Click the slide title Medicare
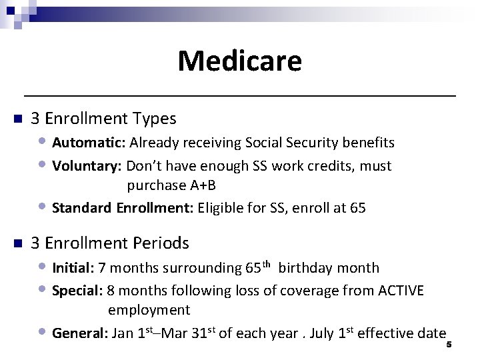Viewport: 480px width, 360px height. pos(239,61)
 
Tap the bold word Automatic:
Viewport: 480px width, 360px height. pos(89,143)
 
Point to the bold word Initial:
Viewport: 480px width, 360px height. pos(73,268)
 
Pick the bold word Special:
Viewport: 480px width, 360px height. pos(77,291)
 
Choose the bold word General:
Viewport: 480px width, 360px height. pos(79,333)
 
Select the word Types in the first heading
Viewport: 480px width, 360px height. pos(155,119)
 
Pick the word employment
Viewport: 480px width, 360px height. pos(149,310)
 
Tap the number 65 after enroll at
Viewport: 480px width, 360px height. pos(357,208)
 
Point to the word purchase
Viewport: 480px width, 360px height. pos(153,185)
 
